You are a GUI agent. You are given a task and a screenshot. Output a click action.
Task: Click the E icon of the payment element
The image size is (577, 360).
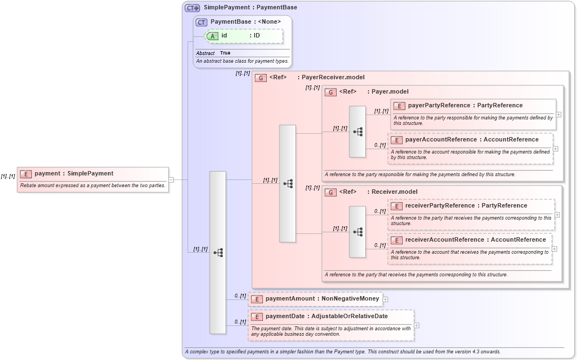coord(25,174)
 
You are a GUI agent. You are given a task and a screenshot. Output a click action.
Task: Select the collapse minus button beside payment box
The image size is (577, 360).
coord(171,179)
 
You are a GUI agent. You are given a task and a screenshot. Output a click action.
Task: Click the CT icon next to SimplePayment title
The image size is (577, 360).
coord(192,8)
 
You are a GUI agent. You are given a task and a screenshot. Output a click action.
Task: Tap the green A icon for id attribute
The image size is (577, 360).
coord(213,36)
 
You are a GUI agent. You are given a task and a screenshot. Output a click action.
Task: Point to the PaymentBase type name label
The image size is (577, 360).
coord(231,21)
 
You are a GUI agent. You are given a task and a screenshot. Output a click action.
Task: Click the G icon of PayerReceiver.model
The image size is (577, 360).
coord(261,78)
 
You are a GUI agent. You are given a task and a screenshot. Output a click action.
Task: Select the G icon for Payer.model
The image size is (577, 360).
coord(331,92)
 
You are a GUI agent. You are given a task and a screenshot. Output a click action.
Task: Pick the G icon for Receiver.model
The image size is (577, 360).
coord(331,192)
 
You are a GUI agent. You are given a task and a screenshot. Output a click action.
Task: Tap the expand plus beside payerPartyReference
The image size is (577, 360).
coord(558,114)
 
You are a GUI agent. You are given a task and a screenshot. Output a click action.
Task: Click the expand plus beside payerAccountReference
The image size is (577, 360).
coord(555,149)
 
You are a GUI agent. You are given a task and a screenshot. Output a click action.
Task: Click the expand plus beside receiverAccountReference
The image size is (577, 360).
coord(554,249)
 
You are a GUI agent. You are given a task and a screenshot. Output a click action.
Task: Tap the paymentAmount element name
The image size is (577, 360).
coord(290,299)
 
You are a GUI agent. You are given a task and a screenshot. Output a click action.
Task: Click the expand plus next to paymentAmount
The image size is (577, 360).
coord(385,299)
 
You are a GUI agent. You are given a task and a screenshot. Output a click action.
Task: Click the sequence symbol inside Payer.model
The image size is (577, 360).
coord(358,132)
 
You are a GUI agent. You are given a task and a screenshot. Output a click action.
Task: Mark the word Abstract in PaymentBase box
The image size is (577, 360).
coord(205,53)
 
